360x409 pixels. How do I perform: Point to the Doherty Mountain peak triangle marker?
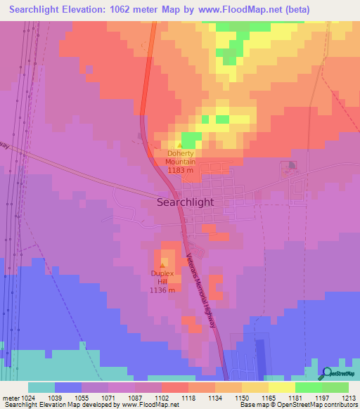click(180, 145)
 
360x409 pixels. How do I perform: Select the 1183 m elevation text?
click(181, 169)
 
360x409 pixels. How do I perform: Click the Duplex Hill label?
click(162, 277)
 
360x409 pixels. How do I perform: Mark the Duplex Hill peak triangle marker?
click(162, 266)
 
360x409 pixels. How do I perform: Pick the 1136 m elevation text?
click(162, 290)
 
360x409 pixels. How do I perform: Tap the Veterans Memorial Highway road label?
click(202, 289)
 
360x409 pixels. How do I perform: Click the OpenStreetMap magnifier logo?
click(327, 373)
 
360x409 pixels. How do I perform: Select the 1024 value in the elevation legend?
click(28, 397)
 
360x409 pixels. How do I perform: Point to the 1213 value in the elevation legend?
click(349, 397)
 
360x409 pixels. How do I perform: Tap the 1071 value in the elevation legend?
click(108, 397)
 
